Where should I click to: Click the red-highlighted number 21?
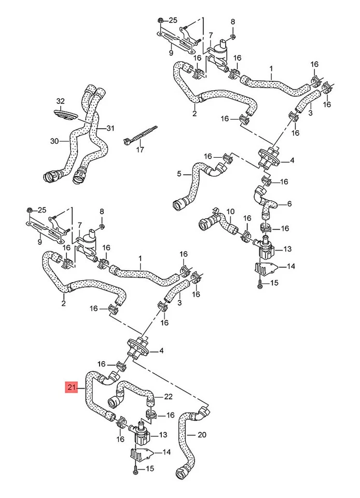pyautogui.click(x=71, y=387)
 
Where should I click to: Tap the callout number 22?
pyautogui.click(x=168, y=397)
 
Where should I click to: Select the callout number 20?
pyautogui.click(x=202, y=435)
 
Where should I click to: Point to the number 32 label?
pyautogui.click(x=61, y=101)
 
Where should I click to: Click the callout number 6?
pyautogui.click(x=289, y=203)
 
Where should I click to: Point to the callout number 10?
pyautogui.click(x=231, y=212)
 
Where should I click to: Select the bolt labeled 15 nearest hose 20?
pyautogui.click(x=135, y=469)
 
